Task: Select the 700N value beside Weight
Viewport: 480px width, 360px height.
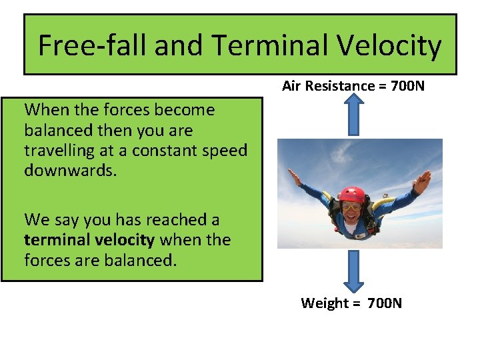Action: (x=385, y=303)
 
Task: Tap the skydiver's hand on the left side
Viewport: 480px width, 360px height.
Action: (x=294, y=177)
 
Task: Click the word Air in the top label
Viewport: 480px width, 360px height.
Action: (x=291, y=85)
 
